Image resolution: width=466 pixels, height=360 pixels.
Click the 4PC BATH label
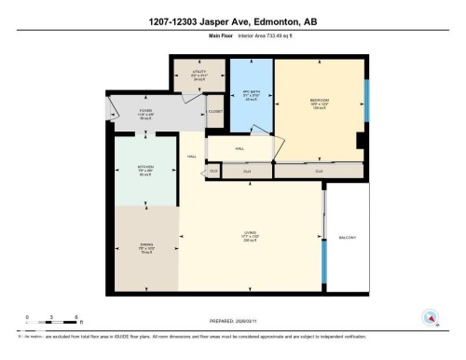click(x=251, y=93)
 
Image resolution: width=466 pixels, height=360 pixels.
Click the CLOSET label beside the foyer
click(x=215, y=112)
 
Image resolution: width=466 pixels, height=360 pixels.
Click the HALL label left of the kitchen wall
click(x=191, y=157)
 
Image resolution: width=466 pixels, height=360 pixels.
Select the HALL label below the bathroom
click(x=239, y=148)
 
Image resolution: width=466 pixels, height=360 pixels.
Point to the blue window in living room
click(x=323, y=270)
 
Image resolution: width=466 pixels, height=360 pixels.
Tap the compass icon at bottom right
click(x=432, y=317)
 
